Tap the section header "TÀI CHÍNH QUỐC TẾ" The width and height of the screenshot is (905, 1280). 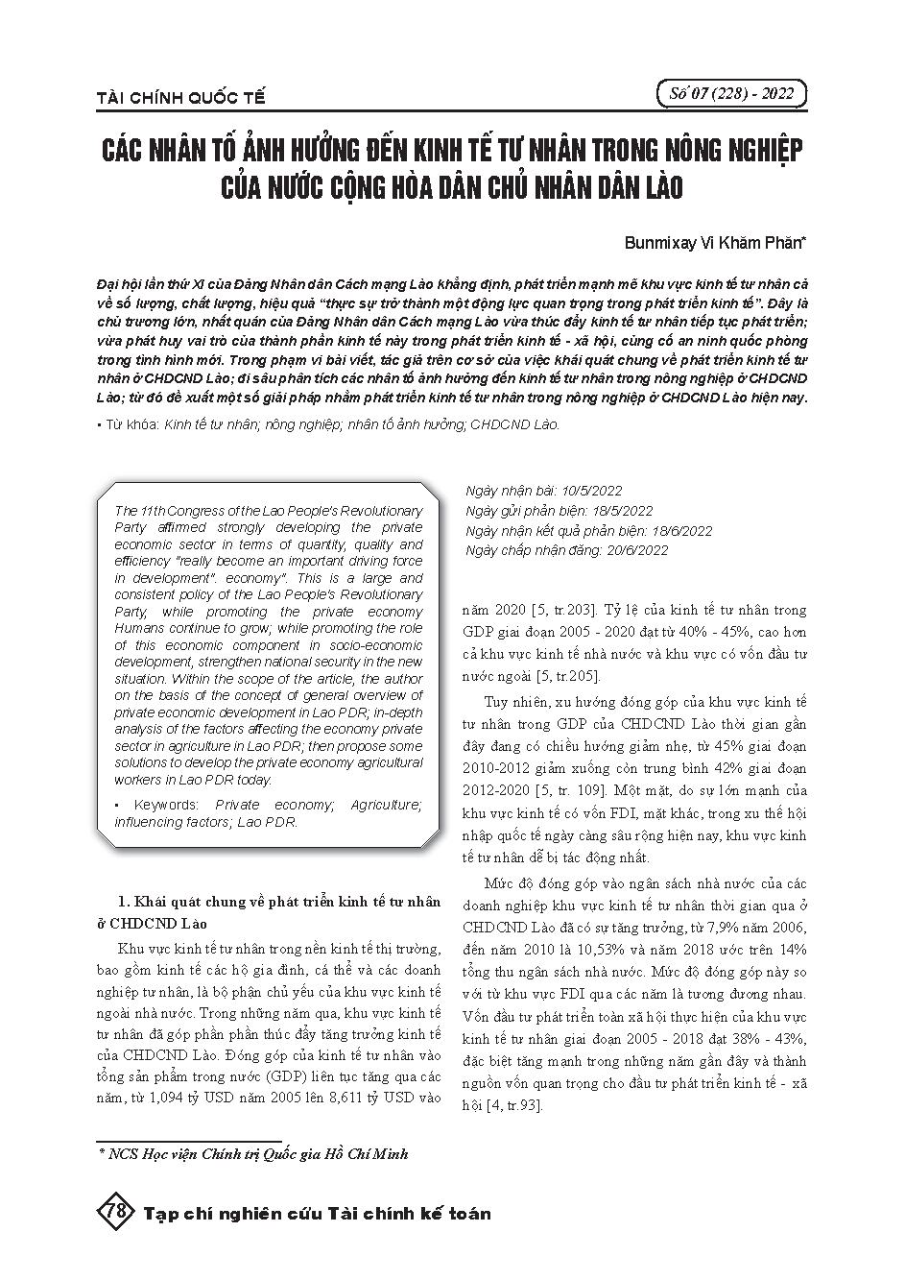[180, 98]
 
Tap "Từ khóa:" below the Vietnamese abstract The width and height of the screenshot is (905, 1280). [131, 423]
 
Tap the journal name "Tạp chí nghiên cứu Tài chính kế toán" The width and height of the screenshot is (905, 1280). [317, 1213]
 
